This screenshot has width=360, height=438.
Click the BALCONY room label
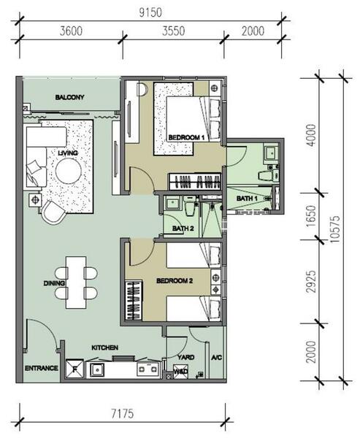coord(69,97)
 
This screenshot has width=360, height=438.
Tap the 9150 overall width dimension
coord(150,13)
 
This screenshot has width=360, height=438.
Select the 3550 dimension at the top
coord(174,31)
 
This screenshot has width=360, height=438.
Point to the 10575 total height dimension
coord(334,229)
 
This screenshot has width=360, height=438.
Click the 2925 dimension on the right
coord(311,281)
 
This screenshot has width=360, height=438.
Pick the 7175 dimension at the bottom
coord(123,413)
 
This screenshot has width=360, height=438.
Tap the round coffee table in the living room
coord(69,171)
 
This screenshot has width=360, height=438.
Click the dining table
coord(76,283)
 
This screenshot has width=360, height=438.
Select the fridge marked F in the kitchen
coord(74,369)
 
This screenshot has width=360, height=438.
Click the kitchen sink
coord(97,370)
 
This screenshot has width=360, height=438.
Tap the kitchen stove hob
coord(148,369)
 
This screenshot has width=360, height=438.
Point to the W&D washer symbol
coord(180,372)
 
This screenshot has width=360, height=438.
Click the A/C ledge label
coord(217,357)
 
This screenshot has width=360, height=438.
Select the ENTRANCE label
coord(42,368)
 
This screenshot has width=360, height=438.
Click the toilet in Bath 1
coord(268,176)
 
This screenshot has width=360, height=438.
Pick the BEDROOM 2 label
coord(175,281)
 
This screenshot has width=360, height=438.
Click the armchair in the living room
coord(53,212)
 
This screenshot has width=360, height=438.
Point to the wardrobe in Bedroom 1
coord(195,182)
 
